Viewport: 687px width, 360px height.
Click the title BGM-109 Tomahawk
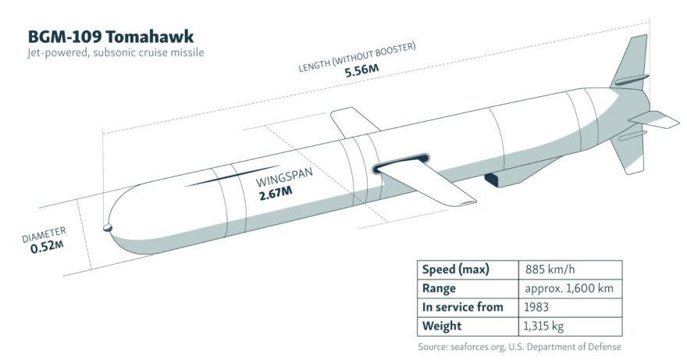(x=111, y=37)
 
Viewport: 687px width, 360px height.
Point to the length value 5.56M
(x=362, y=71)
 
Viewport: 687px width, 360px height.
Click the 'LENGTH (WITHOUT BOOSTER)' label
(x=357, y=57)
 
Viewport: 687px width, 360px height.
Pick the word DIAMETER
(x=44, y=234)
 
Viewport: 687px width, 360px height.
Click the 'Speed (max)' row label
(x=455, y=270)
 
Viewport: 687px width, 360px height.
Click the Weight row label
(x=442, y=326)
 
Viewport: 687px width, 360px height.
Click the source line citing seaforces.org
(x=519, y=347)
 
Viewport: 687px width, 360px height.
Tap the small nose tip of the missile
(x=107, y=228)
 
